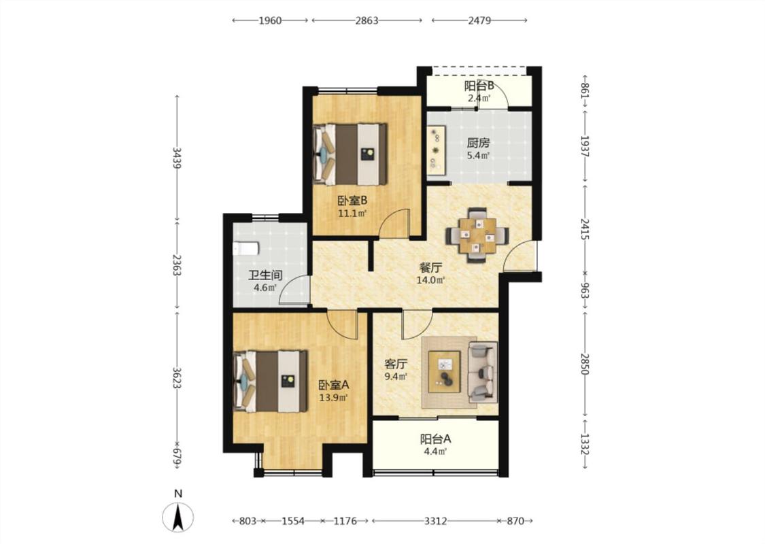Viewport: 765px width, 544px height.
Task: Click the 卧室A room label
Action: coord(334,384)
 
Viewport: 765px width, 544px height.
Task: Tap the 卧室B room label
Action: coord(352,200)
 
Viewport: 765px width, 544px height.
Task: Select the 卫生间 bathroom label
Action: coord(265,275)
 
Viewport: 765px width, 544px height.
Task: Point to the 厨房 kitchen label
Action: coord(478,143)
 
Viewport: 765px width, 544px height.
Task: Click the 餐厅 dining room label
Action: coord(431,268)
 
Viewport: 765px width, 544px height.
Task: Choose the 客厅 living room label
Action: coord(396,364)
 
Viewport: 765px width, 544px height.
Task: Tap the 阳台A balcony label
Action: coord(435,439)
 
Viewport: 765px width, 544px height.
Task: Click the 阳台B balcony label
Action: coord(479,86)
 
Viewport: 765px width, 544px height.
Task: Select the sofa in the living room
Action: coord(483,372)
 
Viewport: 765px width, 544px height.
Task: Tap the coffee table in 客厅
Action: coord(445,372)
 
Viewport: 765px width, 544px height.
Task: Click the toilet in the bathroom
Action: coord(245,249)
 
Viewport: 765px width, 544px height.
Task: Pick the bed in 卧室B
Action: coord(350,154)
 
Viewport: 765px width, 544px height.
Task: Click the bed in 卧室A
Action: coord(271,381)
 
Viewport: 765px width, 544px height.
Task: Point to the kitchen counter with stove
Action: coord(436,151)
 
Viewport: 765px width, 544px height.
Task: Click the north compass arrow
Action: coord(179,517)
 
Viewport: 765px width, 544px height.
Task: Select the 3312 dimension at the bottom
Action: coord(435,521)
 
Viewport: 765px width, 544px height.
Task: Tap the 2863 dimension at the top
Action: coord(367,20)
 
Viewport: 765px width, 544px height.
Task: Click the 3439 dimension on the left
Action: coord(177,158)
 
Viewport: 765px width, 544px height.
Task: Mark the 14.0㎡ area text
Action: coord(430,280)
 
